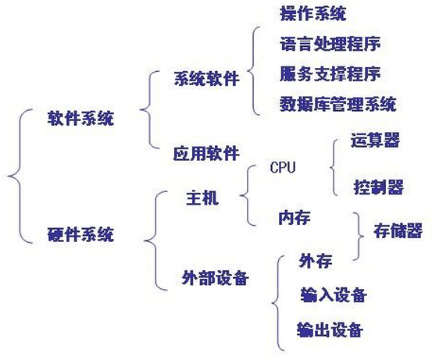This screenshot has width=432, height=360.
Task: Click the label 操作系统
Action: (x=313, y=13)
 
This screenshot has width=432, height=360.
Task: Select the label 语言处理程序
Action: (x=330, y=44)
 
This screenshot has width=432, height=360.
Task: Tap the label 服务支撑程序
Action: (x=330, y=74)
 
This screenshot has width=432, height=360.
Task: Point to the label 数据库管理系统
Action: (x=338, y=104)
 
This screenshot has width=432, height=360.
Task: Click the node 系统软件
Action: (x=206, y=79)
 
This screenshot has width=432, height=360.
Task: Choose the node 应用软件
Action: (x=206, y=153)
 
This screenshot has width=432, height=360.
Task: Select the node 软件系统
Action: (x=80, y=119)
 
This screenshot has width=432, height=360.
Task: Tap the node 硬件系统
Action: (x=80, y=235)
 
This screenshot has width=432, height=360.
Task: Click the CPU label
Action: (x=283, y=167)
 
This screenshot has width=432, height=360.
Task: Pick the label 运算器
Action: (x=375, y=140)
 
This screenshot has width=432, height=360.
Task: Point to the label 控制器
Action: (x=379, y=187)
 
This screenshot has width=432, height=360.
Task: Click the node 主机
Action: (x=202, y=198)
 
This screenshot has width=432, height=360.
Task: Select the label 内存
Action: (x=295, y=218)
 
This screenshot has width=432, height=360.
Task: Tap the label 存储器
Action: (x=398, y=230)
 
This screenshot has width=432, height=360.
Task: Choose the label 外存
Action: (x=316, y=261)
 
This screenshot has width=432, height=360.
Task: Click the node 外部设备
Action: (x=215, y=278)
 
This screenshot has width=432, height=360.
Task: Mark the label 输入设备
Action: (x=334, y=295)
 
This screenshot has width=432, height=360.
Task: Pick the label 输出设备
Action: (x=330, y=330)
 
